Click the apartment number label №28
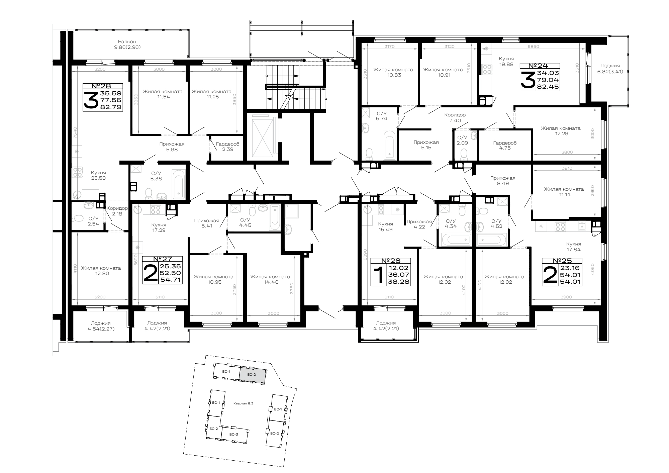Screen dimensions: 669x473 point(102,86)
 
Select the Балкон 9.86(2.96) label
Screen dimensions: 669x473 point(127,44)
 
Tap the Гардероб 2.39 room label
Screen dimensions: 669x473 point(227,147)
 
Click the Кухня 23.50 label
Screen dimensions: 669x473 point(98,175)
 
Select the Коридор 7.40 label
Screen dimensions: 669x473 point(455,117)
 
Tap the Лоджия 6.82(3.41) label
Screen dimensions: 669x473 point(610,69)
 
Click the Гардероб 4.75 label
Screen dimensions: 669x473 point(505,145)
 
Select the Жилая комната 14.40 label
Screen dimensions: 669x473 point(270,279)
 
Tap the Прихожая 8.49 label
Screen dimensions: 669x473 point(503,181)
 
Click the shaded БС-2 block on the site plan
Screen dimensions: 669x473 point(253,375)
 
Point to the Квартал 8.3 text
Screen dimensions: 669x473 point(244,403)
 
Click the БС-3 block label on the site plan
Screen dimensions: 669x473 point(233,434)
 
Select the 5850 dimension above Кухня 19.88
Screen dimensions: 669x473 point(533,47)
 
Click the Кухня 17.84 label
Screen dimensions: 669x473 point(574,247)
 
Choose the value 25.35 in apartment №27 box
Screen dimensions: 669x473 point(171,266)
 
